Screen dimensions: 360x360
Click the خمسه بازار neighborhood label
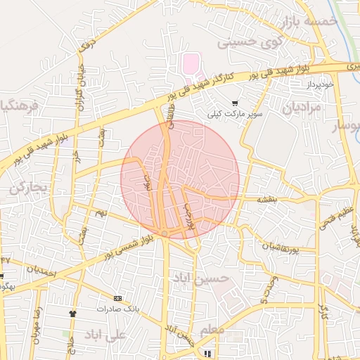pos(310,22)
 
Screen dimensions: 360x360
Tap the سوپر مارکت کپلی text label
pos(235,113)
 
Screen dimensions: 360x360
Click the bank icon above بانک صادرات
pos(117,299)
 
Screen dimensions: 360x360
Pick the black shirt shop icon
pos(72,313)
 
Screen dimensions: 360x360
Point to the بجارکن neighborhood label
pos(28,188)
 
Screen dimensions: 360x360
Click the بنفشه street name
pos(266,200)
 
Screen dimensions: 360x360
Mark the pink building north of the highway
pos(191,64)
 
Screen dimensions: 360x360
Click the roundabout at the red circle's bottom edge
pos(165,233)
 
